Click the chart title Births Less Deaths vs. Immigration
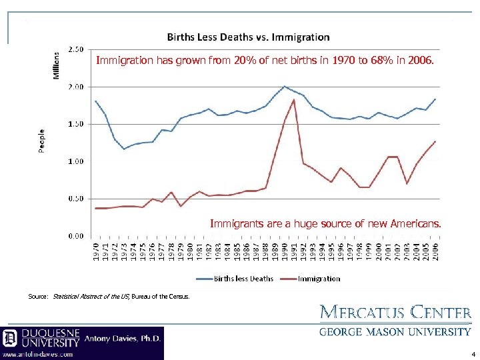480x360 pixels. pyautogui.click(x=247, y=37)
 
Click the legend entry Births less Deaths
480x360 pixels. pyautogui.click(x=243, y=279)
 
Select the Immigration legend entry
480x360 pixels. pyautogui.click(x=318, y=279)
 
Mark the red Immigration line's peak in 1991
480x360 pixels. pyautogui.click(x=294, y=100)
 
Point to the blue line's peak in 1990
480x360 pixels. pyautogui.click(x=285, y=86)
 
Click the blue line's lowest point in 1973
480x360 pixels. pyautogui.click(x=124, y=149)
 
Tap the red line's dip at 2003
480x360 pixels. pyautogui.click(x=407, y=184)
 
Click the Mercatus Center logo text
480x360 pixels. pyautogui.click(x=396, y=312)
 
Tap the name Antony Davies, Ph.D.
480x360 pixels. pyautogui.click(x=123, y=339)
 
